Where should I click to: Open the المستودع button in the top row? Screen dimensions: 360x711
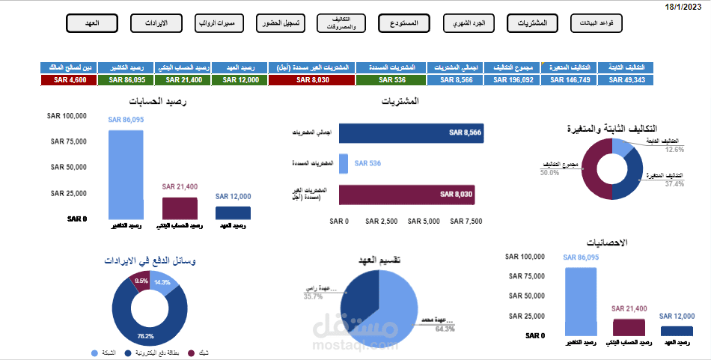tap(403, 23)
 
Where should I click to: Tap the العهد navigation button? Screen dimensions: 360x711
tap(92, 23)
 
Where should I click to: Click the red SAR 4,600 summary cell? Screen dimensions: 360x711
tap(69, 79)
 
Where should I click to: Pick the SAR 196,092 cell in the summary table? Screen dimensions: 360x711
tap(513, 79)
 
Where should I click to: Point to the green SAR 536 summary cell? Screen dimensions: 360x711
tap(391, 79)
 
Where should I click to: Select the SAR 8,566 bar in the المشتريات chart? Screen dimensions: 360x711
tap(411, 132)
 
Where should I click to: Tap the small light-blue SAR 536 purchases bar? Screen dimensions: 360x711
tap(344, 163)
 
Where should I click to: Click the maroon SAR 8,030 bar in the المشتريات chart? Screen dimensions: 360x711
tap(407, 195)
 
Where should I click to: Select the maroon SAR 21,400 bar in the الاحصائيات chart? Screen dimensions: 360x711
tap(628, 327)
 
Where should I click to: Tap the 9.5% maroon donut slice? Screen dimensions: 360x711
tap(140, 280)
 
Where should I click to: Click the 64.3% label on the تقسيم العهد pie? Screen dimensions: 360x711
tap(445, 329)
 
